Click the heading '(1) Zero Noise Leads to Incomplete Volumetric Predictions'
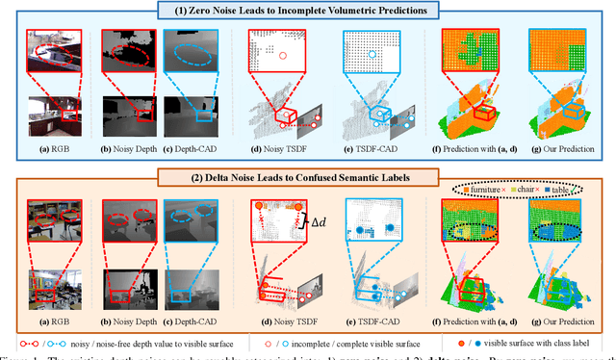308,12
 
